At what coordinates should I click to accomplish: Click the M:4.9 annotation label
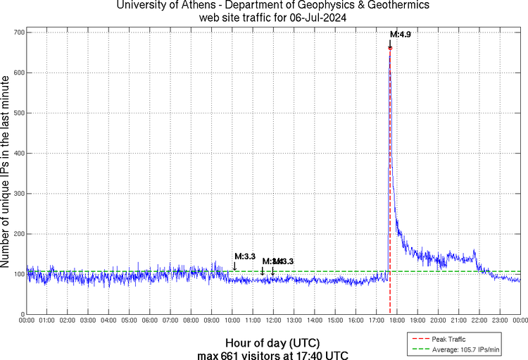[x=401, y=34]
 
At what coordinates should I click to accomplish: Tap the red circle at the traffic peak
[x=390, y=48]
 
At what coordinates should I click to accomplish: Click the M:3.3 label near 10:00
[x=244, y=256]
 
